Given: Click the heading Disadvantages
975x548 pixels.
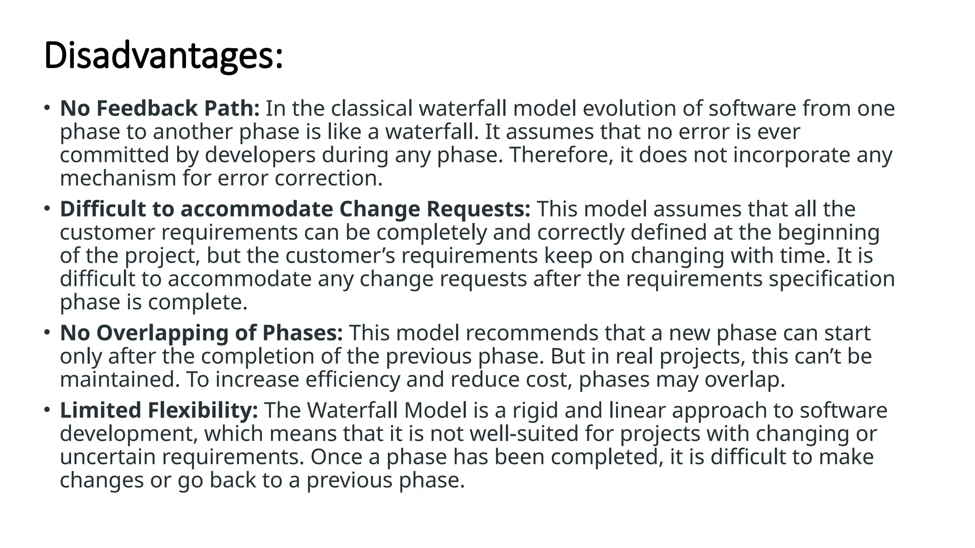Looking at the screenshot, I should [163, 56].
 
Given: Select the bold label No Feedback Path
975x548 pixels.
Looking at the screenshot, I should [159, 108].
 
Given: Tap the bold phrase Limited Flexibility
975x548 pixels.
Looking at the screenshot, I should [159, 411].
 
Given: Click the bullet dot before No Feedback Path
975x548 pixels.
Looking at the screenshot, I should [46, 108].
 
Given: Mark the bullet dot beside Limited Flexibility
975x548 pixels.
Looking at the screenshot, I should [46, 410].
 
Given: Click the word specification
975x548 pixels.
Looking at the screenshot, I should [832, 279].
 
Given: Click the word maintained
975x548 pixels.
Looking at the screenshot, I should [119, 380].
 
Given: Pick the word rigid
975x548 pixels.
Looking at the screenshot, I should [535, 411].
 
